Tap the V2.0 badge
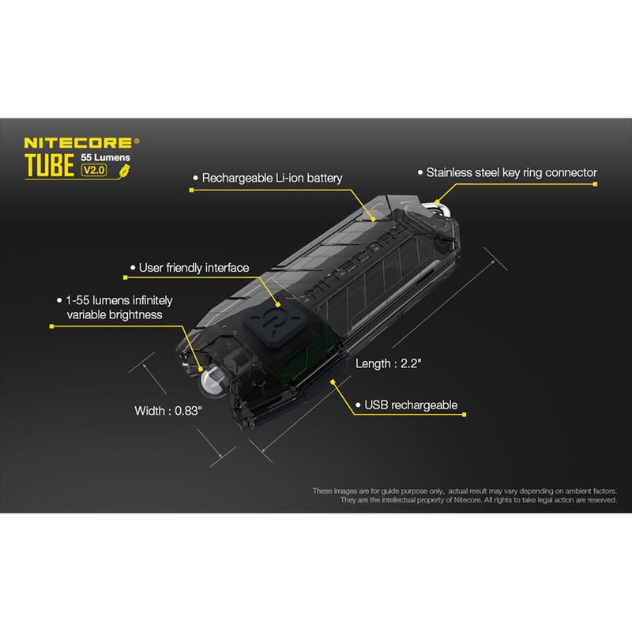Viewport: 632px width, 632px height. point(97,170)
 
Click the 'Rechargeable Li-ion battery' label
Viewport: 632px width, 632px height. point(272,179)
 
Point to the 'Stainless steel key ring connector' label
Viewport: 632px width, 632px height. point(511,172)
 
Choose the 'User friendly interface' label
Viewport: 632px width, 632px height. point(194,268)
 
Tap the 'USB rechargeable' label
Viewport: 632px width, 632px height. point(411,405)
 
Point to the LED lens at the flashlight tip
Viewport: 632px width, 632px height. point(214,385)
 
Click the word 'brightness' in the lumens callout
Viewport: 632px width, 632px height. point(136,314)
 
